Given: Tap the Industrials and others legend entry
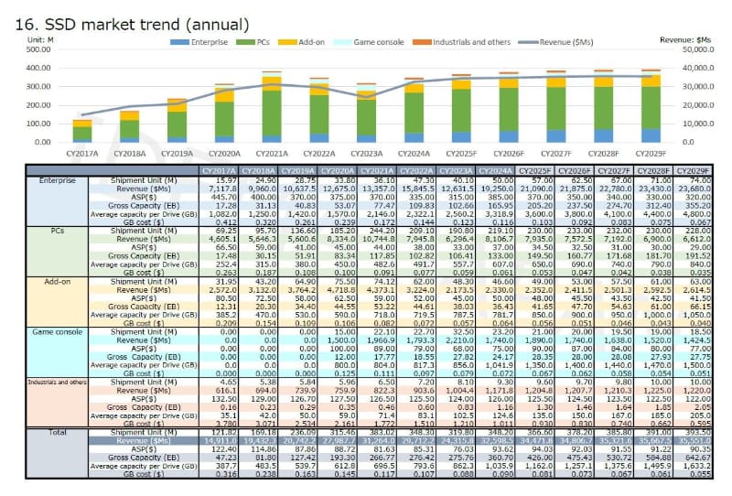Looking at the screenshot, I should [467, 42].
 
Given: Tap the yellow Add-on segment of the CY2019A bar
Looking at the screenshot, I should [177, 105].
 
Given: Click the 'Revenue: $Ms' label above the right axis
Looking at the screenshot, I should [697, 39].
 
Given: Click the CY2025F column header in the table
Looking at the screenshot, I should [533, 170].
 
